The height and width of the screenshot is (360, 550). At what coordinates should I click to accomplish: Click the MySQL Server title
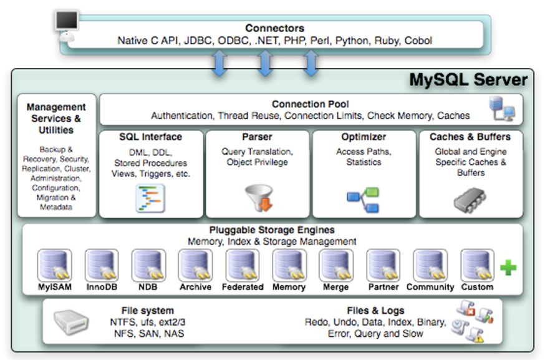pyautogui.click(x=468, y=80)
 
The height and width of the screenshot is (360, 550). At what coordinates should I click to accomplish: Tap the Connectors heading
pyautogui.click(x=274, y=28)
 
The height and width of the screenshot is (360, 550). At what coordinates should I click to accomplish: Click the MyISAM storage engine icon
pyautogui.click(x=54, y=265)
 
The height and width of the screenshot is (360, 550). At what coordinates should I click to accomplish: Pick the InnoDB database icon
pyautogui.click(x=101, y=265)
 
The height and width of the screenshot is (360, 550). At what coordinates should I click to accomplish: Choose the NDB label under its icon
pyautogui.click(x=148, y=287)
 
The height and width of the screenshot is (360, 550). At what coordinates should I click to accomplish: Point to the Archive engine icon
pyautogui.click(x=195, y=265)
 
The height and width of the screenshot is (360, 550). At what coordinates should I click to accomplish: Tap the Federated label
pyautogui.click(x=242, y=287)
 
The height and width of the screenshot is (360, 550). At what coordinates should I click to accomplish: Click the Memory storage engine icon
pyautogui.click(x=289, y=265)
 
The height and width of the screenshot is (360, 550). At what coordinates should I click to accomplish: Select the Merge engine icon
pyautogui.click(x=336, y=265)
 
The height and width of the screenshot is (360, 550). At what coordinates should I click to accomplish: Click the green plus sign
pyautogui.click(x=508, y=268)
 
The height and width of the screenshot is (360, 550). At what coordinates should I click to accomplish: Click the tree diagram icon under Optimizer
pyautogui.click(x=363, y=198)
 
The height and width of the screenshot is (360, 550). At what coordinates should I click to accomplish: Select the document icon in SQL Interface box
pyautogui.click(x=150, y=198)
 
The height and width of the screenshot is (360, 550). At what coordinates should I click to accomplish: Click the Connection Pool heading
pyautogui.click(x=310, y=104)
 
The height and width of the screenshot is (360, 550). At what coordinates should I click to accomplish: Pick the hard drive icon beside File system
pyautogui.click(x=73, y=321)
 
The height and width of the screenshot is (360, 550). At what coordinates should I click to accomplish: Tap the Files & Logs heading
pyautogui.click(x=375, y=310)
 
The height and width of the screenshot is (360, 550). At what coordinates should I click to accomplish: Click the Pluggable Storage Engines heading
pyautogui.click(x=272, y=230)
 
